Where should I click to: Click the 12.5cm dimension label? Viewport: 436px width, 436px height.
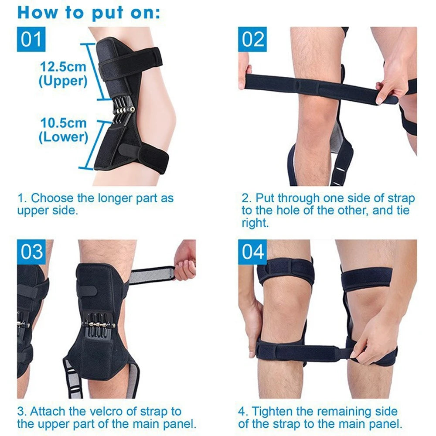63,67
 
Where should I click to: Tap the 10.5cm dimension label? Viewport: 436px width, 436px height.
63,123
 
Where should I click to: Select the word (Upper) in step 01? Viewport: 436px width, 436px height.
63,81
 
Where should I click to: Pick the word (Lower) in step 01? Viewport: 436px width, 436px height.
63,137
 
